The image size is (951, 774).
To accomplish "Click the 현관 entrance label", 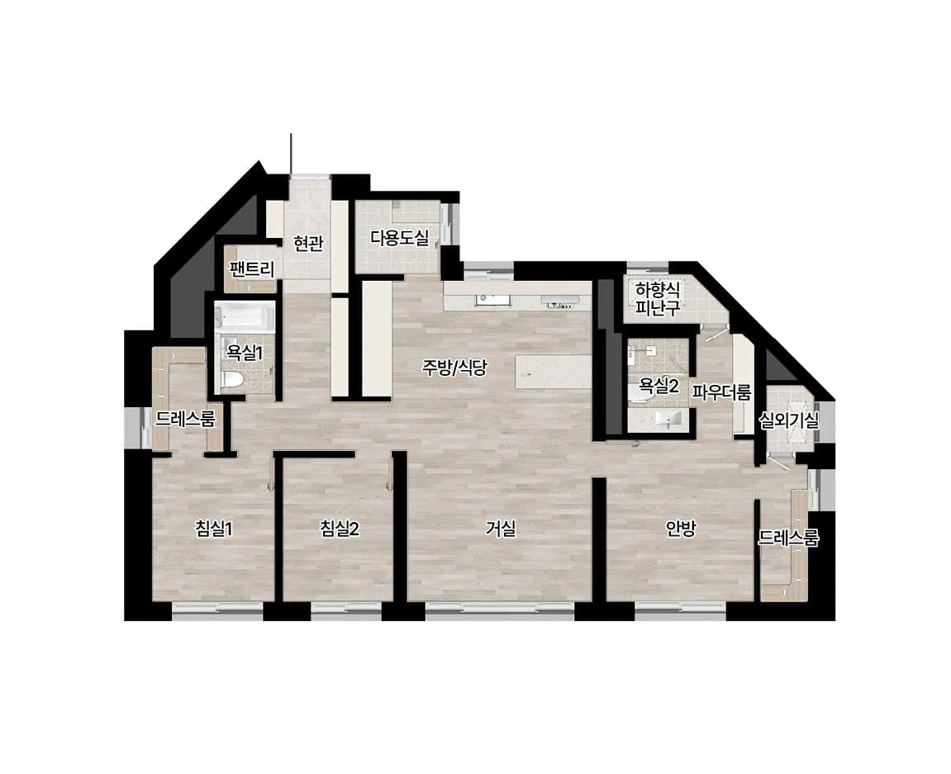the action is coord(308,244).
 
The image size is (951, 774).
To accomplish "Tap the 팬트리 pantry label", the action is coord(252,268).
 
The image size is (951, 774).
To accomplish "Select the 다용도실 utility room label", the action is coord(400,237).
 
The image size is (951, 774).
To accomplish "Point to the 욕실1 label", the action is coord(245,353).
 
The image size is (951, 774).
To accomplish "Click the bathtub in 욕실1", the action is coord(245,318).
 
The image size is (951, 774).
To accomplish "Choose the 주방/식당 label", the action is coord(454,368).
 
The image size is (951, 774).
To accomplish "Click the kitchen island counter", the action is coord(553,371).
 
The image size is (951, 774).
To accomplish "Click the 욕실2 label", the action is coord(658,387).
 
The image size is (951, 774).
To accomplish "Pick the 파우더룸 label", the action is coord(722,393).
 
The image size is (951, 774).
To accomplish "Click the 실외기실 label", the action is coord(789,420).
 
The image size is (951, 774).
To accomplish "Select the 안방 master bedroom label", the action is coord(681,529).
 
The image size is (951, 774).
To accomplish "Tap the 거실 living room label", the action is coord(501,529).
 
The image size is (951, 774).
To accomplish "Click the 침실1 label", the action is coord(213,529).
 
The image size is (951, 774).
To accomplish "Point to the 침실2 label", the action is coord(340,529).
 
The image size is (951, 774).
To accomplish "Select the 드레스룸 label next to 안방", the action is coord(788,538).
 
